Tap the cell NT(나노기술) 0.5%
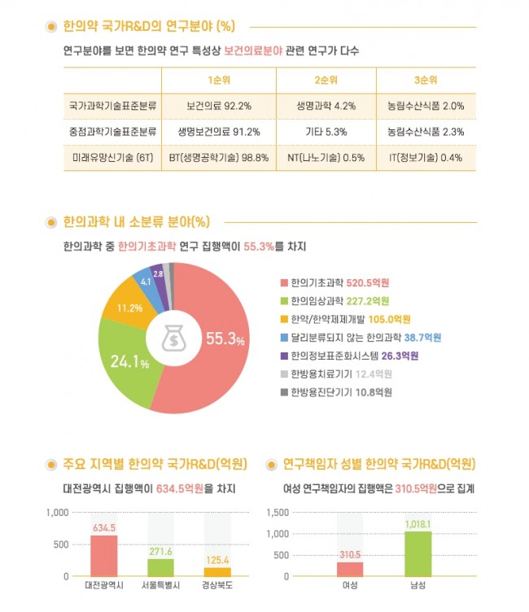pos(326,157)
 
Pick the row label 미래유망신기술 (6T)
pos(111,157)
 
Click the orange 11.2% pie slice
pos(130,304)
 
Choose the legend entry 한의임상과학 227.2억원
pos(334,300)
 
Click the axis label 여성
pos(350,584)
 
